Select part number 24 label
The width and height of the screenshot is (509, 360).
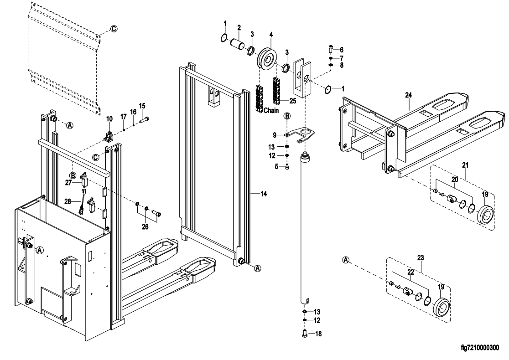pyautogui.click(x=409, y=95)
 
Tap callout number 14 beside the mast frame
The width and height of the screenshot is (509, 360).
pyautogui.click(x=263, y=194)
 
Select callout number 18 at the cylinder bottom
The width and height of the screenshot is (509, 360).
pyautogui.click(x=317, y=334)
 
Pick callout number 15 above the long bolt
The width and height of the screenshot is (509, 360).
pyautogui.click(x=142, y=106)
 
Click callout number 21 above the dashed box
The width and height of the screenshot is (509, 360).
pyautogui.click(x=465, y=164)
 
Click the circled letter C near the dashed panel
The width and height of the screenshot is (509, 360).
pyautogui.click(x=114, y=29)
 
